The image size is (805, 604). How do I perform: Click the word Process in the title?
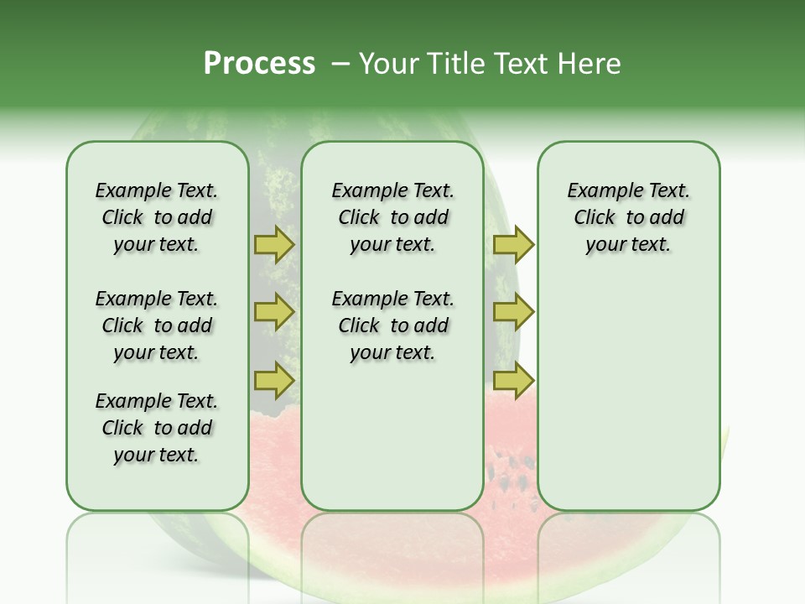[259, 64]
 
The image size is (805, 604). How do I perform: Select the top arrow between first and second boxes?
[274, 245]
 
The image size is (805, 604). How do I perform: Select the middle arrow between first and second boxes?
[274, 312]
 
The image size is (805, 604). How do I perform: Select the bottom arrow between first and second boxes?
[274, 379]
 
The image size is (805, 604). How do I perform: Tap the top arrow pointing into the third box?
[513, 245]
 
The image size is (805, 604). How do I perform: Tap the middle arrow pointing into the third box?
[513, 312]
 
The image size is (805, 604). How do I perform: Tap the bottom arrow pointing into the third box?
[513, 379]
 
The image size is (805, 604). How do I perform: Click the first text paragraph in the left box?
[157, 217]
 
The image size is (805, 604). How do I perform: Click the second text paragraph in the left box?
[157, 325]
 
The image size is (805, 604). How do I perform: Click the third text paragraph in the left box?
[157, 428]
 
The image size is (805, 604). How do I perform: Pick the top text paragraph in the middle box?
[392, 217]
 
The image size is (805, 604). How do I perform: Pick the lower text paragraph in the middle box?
[392, 325]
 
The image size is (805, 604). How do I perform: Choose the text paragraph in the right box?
[628, 217]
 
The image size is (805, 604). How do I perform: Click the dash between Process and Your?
[340, 64]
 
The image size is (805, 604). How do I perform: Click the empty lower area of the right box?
[628, 394]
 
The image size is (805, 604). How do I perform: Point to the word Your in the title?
[388, 64]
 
